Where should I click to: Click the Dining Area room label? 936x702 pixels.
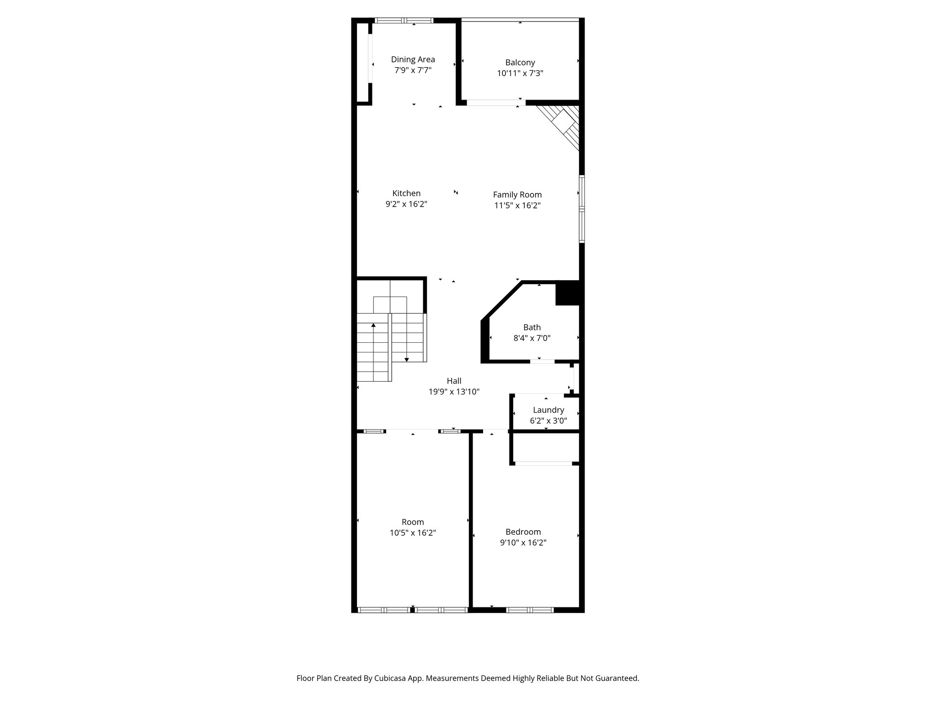coord(413,59)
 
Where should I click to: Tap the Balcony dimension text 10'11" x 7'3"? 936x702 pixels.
coord(520,73)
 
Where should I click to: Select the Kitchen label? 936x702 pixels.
coord(406,193)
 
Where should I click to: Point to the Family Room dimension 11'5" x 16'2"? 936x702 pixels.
coord(517,206)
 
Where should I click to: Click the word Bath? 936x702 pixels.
coord(532,327)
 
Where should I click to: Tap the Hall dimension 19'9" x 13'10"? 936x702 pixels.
coord(453,392)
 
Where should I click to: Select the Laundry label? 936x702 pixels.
coord(548,410)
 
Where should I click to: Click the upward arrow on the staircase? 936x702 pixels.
coord(373,325)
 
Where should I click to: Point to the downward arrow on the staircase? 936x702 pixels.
coord(406,359)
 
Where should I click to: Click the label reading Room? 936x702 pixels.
coord(412,522)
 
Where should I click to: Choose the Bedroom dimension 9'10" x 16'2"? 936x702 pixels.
coord(523,543)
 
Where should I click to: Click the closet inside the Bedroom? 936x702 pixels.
coord(544,447)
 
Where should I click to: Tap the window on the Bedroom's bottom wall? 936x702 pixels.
coord(530,610)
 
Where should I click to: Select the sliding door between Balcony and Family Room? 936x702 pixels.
coord(495,103)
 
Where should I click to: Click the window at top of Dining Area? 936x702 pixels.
coord(404,20)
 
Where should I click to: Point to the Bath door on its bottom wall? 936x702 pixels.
coord(542,362)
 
